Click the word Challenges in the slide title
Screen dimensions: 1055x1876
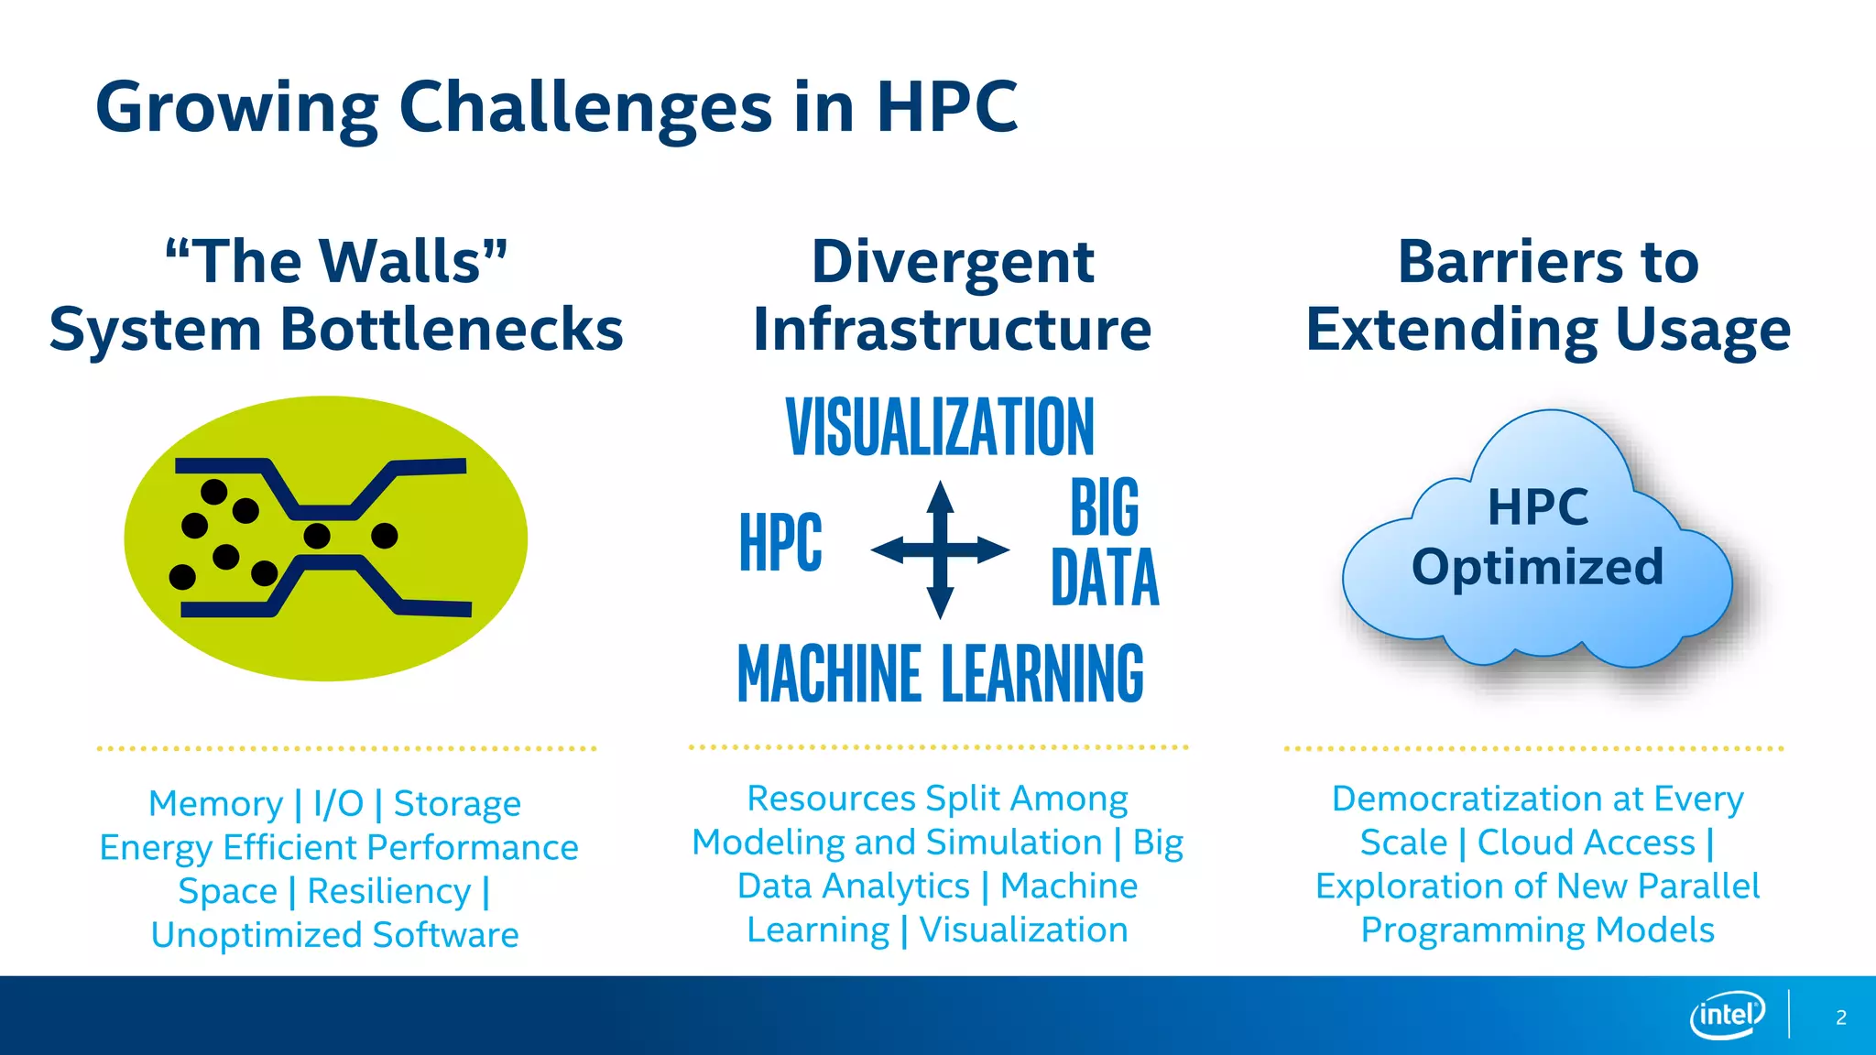click(x=585, y=108)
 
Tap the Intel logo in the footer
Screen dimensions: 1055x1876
click(x=1727, y=1015)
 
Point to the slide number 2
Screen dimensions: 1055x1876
click(x=1840, y=1017)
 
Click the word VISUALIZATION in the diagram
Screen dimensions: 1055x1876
click(x=940, y=427)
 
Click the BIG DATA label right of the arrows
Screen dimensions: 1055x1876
click(x=1105, y=542)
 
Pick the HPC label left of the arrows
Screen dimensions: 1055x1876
click(x=780, y=542)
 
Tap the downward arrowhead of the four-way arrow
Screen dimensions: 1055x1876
click(x=940, y=604)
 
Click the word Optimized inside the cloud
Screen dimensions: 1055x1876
click(x=1537, y=568)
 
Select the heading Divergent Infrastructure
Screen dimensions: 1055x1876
click(x=952, y=295)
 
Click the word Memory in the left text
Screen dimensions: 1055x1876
click(x=216, y=804)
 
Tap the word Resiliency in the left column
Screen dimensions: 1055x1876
click(x=388, y=891)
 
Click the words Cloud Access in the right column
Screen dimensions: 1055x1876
click(x=1586, y=843)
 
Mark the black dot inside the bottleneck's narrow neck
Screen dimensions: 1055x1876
click(x=317, y=535)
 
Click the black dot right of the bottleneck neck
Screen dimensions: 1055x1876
click(x=385, y=535)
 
